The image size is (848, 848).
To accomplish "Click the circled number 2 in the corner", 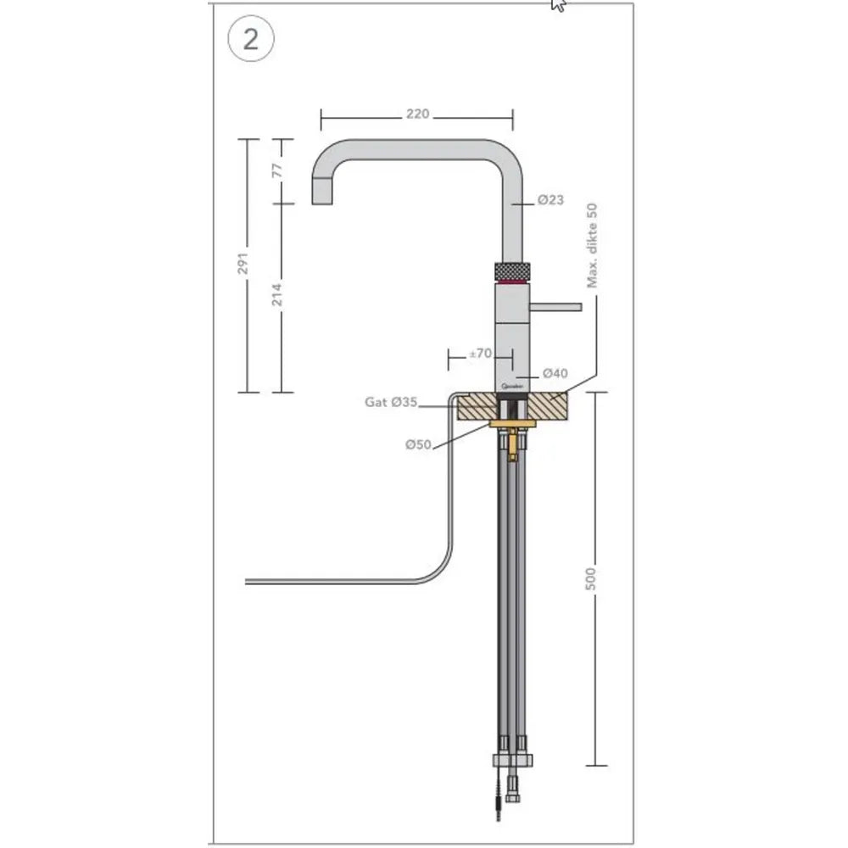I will pos(250,41).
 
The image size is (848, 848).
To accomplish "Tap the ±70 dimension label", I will pos(480,354).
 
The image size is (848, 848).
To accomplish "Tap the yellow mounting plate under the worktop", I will pos(511,423).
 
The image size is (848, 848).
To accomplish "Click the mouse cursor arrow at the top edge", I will pos(558,4).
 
